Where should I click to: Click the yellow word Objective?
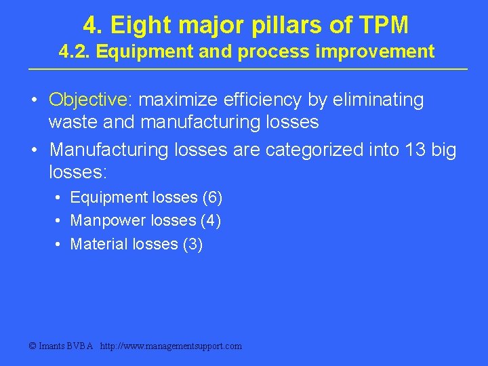[x=89, y=100]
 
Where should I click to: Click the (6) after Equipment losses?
[x=212, y=198]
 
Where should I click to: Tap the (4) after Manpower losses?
[x=211, y=221]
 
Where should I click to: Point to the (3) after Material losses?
[x=192, y=244]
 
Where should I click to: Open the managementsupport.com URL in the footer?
[x=170, y=346]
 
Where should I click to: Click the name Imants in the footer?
[x=52, y=346]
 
